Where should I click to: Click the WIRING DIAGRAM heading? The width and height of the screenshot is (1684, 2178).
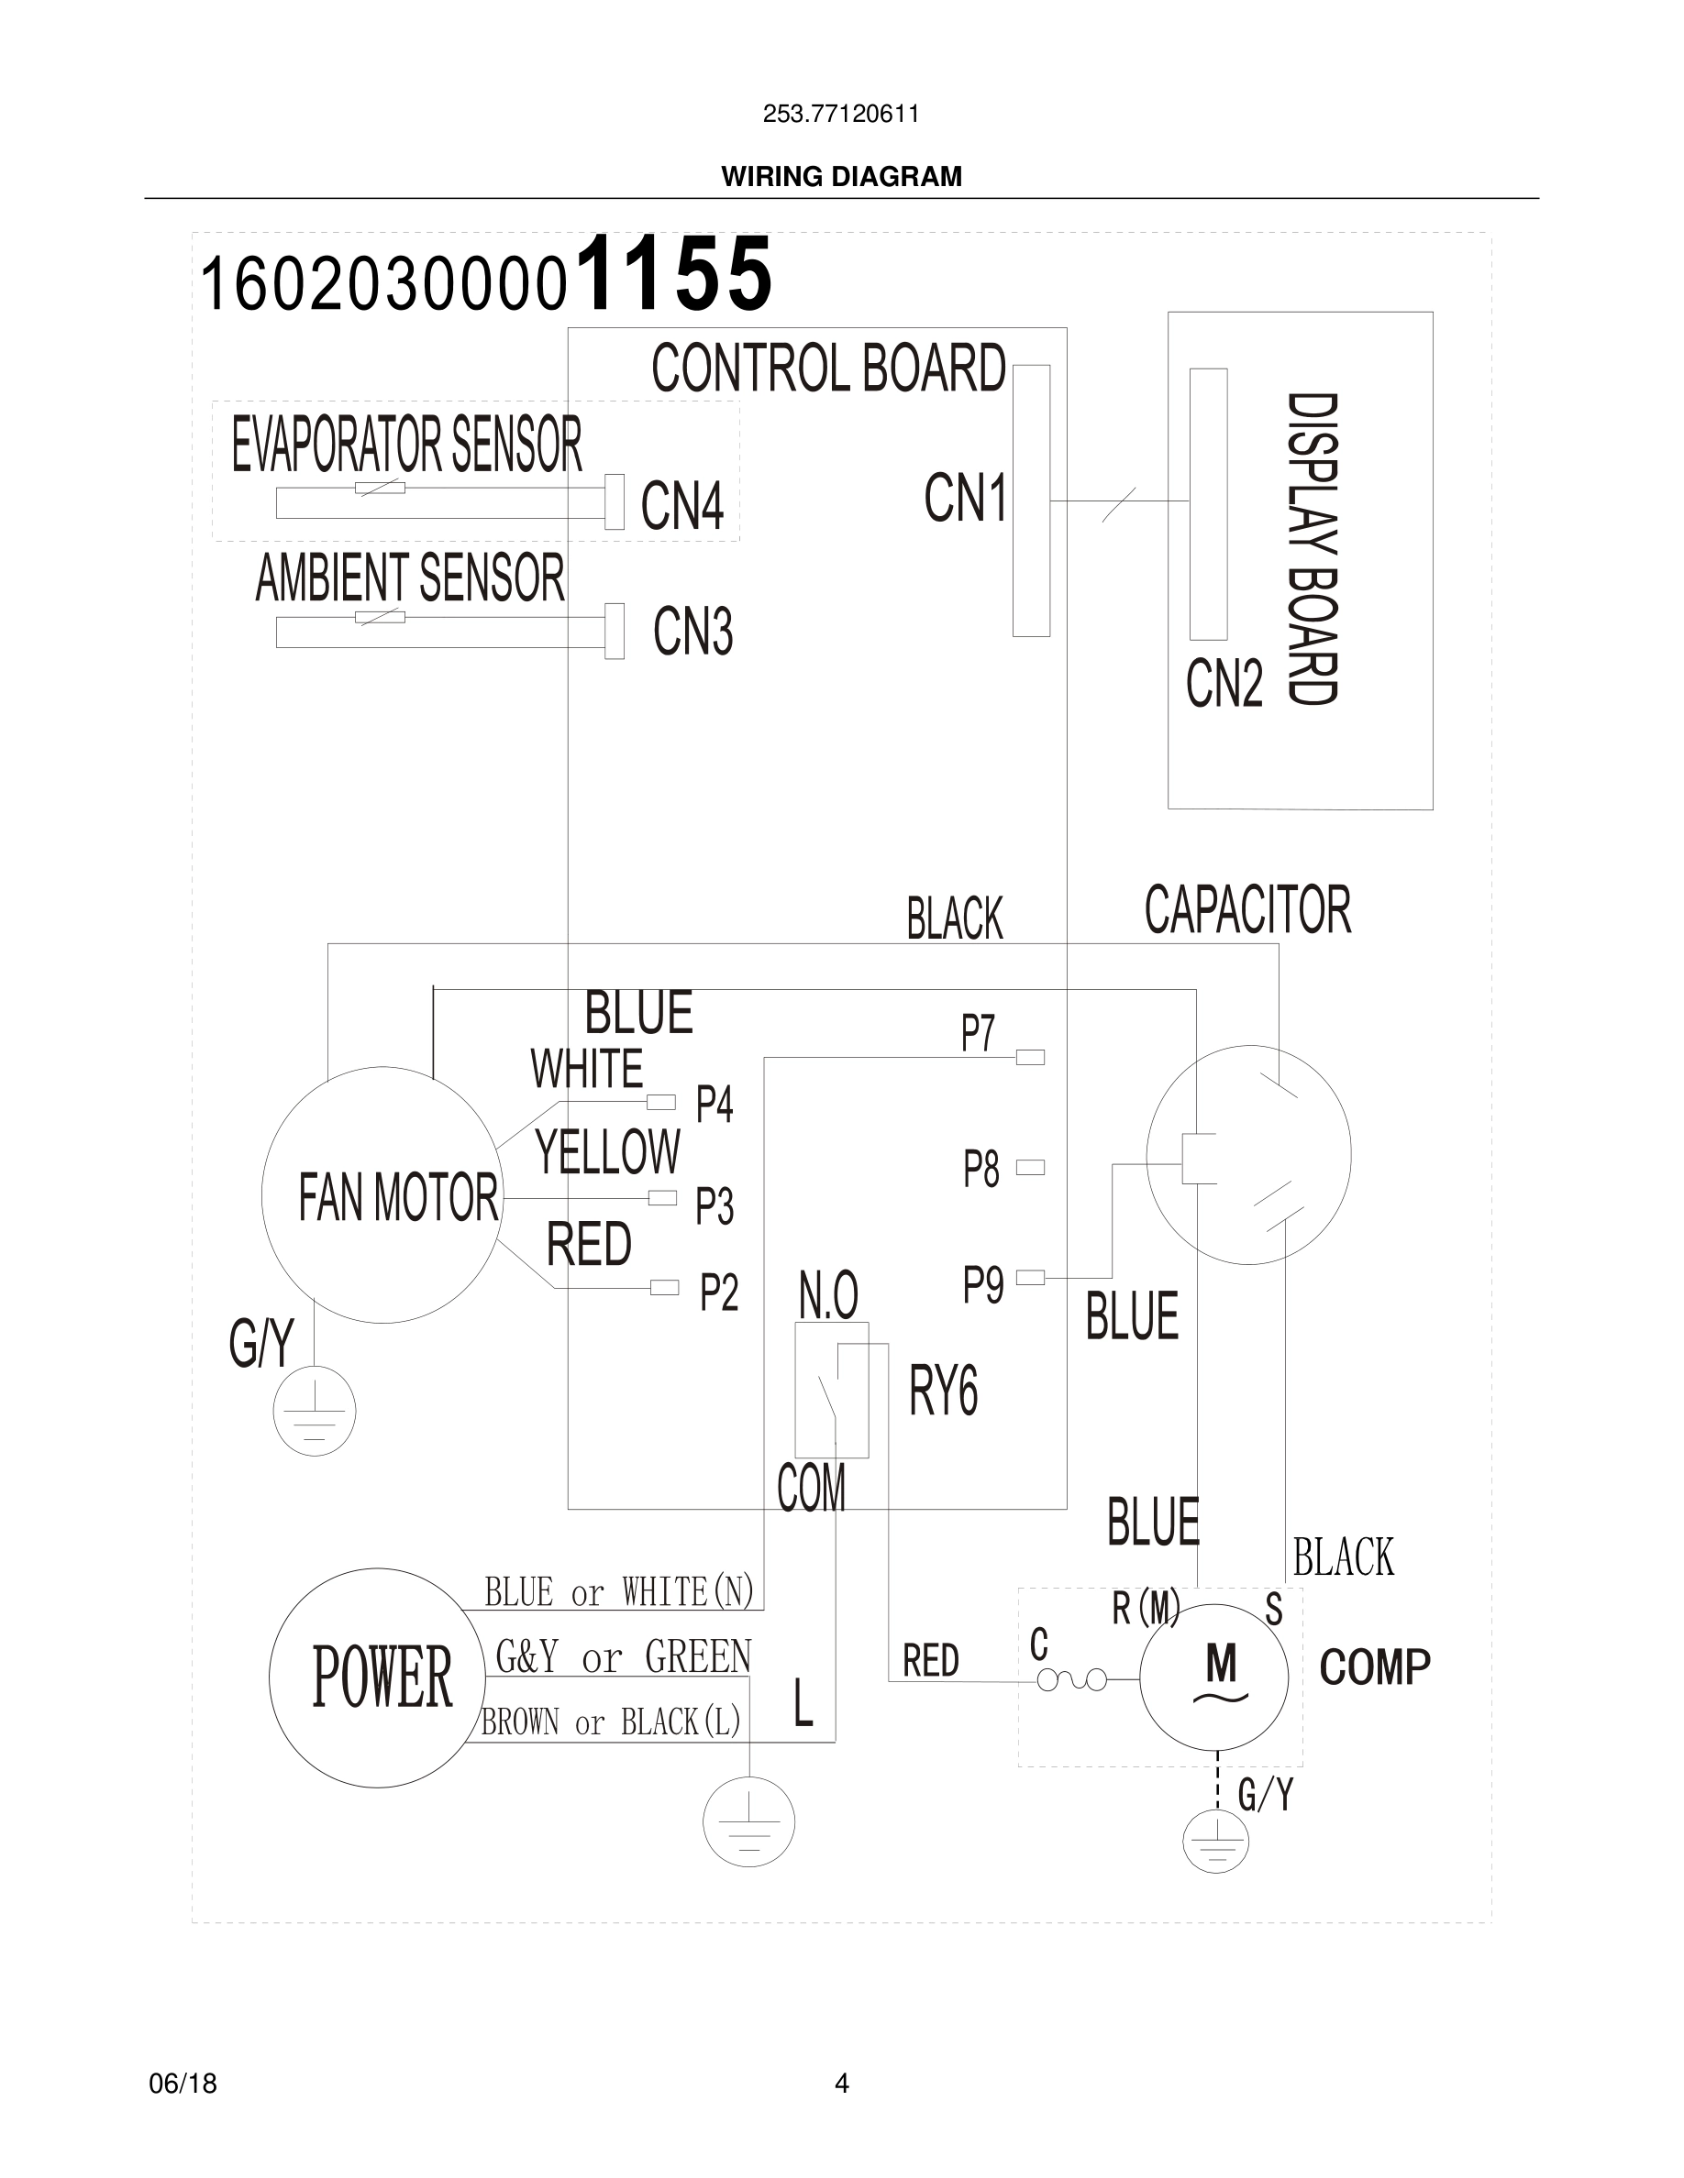coord(841,177)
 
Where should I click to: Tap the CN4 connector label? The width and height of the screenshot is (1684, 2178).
coord(681,506)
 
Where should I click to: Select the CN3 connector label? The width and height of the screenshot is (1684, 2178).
coord(692,632)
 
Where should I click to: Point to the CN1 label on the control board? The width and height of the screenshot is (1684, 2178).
coord(965,498)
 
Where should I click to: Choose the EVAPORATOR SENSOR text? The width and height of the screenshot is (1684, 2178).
coord(406,445)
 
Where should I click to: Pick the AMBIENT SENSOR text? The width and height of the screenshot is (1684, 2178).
coord(409,578)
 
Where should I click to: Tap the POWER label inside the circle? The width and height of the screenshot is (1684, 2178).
coord(382,1678)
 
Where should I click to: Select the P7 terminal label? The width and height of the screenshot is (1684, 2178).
coord(978,1033)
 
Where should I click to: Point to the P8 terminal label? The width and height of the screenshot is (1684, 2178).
coord(980,1170)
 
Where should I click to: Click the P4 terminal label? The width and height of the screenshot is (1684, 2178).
coord(715,1105)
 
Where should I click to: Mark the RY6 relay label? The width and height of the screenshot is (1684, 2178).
coord(943,1391)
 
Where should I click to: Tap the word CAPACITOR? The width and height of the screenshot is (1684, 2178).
coord(1247,909)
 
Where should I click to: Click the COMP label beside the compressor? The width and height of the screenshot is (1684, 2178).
coord(1374,1667)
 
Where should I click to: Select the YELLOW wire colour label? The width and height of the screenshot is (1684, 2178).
coord(606,1152)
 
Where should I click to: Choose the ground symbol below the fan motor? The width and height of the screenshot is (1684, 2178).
coord(315,1411)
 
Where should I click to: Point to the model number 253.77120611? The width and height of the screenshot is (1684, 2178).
coord(841,114)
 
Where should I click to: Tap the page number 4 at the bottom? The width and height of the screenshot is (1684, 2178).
coord(841,2084)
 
